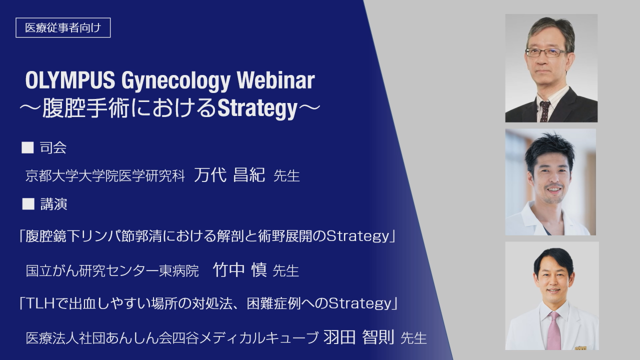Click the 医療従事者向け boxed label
point(63,27)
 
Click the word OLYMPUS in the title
point(70,80)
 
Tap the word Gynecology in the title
point(176,81)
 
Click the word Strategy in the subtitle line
point(257,108)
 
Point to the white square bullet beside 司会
point(27,147)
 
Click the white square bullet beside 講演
point(28,204)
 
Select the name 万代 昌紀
point(229,174)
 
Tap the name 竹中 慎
point(239,269)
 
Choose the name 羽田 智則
point(359,337)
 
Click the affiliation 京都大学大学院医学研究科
point(105,175)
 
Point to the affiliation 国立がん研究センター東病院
point(112,271)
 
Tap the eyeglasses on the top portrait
point(546,52)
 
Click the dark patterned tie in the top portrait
point(544,111)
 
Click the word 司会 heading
point(53,148)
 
